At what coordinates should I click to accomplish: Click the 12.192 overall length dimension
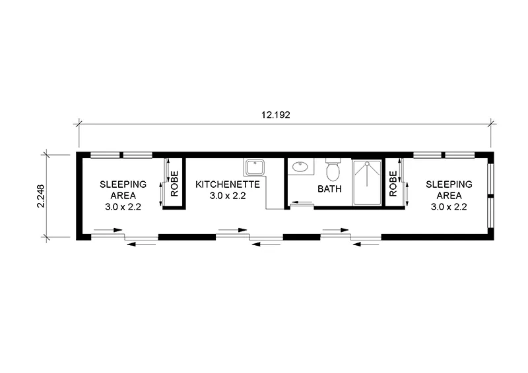click(276, 114)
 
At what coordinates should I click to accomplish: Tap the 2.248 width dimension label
click(41, 196)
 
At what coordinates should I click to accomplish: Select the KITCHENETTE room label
click(228, 185)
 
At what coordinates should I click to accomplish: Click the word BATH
click(329, 188)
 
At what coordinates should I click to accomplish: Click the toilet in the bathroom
click(333, 171)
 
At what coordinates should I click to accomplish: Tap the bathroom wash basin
click(302, 167)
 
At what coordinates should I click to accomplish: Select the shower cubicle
click(366, 183)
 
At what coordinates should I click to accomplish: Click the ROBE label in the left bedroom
click(175, 184)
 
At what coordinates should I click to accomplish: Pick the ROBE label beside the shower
click(393, 184)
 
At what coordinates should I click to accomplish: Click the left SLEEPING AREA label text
click(119, 190)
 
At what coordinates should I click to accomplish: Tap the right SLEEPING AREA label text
click(448, 190)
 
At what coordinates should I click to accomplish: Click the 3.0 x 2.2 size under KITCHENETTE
click(228, 196)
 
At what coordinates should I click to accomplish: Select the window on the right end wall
click(490, 196)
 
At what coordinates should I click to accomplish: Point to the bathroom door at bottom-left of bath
click(302, 205)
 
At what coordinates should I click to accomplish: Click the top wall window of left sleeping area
click(121, 156)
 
